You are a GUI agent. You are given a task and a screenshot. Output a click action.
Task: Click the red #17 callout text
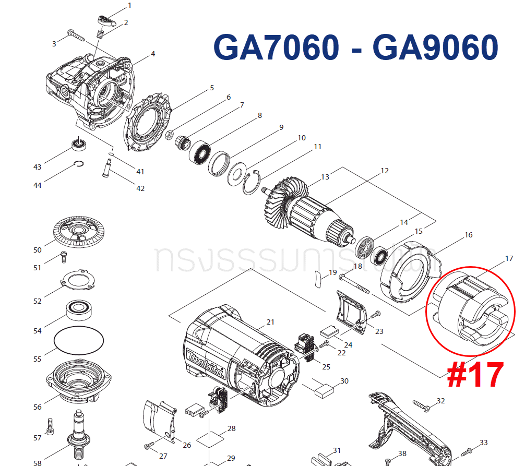tap(475, 375)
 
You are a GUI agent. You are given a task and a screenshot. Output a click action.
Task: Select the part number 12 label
tap(385, 171)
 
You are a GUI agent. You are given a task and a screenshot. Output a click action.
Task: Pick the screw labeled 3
tap(76, 37)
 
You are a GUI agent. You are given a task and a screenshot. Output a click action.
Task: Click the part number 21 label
tap(270, 322)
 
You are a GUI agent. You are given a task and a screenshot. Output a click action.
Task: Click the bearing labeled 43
tap(79, 144)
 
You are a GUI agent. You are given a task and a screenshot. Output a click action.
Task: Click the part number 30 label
tap(344, 381)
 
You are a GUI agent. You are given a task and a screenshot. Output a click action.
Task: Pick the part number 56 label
tap(37, 407)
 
